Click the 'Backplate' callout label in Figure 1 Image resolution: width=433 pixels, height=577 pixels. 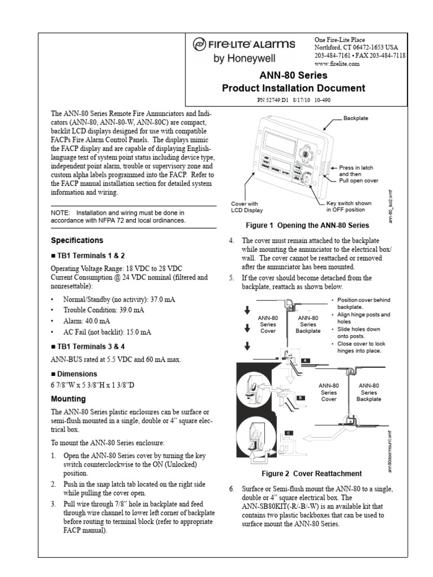357,119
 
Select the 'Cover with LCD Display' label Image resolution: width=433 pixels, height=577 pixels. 248,207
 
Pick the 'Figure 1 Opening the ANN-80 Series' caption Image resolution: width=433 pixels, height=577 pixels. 307,225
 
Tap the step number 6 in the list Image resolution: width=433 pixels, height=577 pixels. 231,488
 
